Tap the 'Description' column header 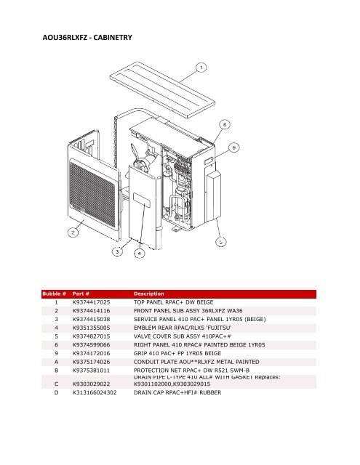coord(152,294)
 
